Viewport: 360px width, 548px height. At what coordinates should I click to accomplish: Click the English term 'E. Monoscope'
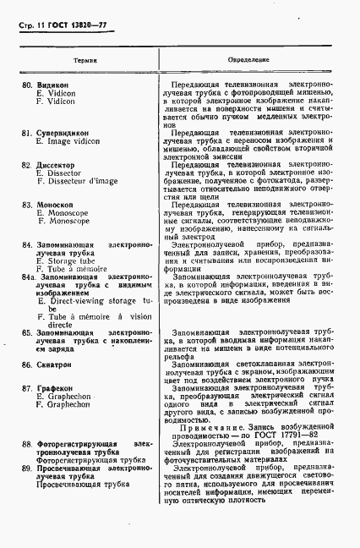coord(63,214)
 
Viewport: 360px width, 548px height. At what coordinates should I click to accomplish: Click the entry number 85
coord(27,333)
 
